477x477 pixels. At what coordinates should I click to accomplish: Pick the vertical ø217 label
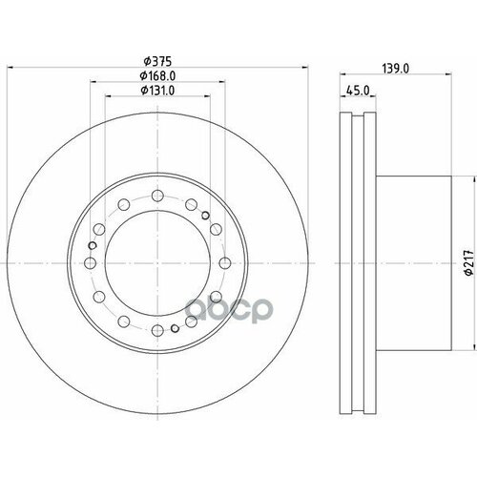coord(456,261)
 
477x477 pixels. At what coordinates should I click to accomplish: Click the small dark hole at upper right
coord(207,218)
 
